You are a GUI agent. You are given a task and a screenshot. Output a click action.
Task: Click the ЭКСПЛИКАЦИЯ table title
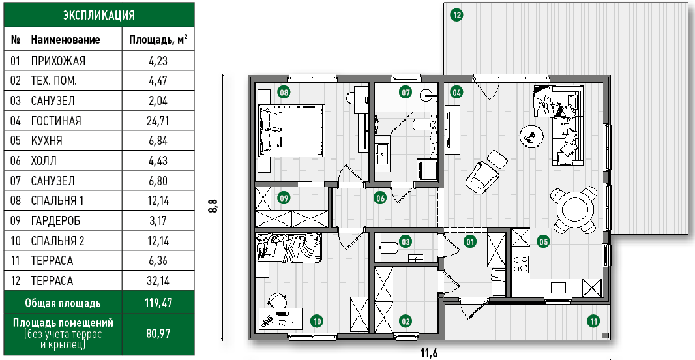[99, 15]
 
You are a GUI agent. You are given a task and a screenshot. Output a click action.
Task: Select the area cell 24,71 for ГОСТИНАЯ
[158, 121]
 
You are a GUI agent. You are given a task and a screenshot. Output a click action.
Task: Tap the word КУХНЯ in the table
[46, 140]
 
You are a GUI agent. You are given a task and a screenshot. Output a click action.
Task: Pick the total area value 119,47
[158, 303]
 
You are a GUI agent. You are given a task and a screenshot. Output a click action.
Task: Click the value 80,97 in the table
[158, 333]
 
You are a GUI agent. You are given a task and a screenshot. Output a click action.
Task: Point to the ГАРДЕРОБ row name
[55, 220]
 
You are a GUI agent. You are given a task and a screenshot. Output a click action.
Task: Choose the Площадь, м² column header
[158, 40]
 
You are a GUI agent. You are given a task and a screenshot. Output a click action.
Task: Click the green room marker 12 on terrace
[456, 15]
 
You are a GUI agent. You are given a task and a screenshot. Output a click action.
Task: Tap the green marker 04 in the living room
[456, 92]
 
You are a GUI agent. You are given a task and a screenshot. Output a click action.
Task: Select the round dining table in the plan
[574, 210]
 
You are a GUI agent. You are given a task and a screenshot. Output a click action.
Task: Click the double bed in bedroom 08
[290, 130]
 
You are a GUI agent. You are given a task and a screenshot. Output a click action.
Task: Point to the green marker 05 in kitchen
[543, 241]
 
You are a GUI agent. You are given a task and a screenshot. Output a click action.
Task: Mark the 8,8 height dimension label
[213, 207]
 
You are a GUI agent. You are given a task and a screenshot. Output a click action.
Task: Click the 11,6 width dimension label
[429, 353]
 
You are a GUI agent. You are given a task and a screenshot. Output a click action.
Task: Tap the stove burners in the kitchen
[520, 264]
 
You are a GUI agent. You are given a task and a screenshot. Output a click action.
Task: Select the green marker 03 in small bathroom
[405, 241]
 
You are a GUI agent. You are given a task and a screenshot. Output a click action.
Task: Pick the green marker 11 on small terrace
[593, 321]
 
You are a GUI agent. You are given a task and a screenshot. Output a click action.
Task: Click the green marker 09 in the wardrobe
[284, 198]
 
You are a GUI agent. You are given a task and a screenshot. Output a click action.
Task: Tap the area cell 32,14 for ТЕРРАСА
[158, 280]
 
